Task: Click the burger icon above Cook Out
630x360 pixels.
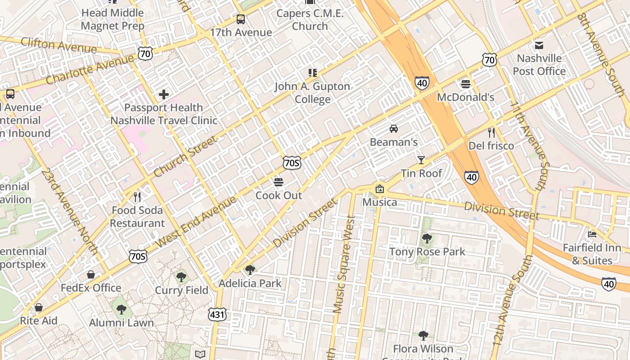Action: point(279,182)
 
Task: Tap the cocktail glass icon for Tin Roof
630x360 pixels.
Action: point(421,160)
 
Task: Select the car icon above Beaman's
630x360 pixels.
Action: point(394,129)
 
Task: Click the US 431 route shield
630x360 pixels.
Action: point(217,315)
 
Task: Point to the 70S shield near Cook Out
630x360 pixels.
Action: point(292,162)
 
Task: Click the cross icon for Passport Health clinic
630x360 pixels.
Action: point(164,94)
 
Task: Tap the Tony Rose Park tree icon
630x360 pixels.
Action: point(427,238)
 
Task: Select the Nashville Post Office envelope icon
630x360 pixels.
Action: point(539,45)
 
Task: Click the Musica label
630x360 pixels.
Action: point(380,202)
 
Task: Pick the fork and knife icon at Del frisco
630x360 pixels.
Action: point(491,133)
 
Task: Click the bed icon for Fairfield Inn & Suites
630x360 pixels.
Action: point(592,234)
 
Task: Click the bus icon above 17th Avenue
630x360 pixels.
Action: point(241,19)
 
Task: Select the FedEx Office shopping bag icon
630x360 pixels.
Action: point(91,274)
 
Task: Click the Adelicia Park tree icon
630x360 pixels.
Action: point(250,270)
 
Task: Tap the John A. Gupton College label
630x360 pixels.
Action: point(312,93)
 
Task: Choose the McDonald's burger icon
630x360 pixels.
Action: point(465,84)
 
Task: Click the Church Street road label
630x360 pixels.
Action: point(185,156)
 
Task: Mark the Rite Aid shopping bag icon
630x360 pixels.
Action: point(39,307)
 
